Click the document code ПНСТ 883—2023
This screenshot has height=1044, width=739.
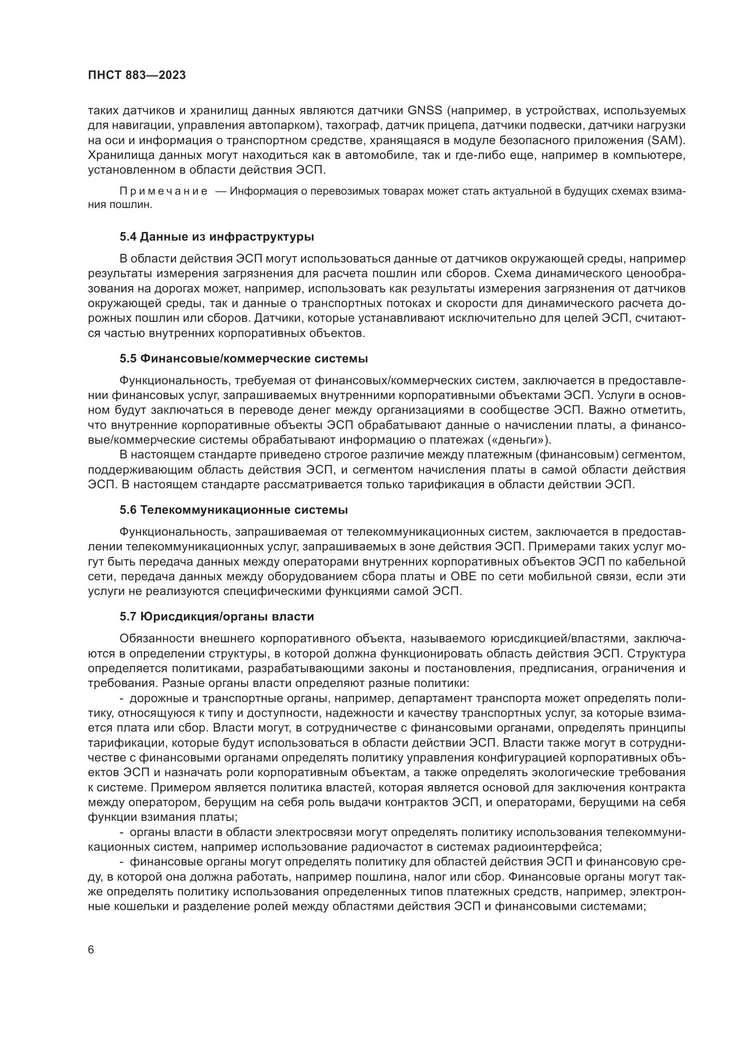pyautogui.click(x=137, y=75)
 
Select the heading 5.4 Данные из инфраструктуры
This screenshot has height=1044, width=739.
pyautogui.click(x=217, y=237)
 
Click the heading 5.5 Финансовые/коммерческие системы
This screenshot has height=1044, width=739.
pyautogui.click(x=244, y=359)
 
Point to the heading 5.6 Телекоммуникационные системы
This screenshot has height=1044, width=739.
pyautogui.click(x=233, y=510)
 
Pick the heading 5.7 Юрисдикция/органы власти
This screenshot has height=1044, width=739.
pyautogui.click(x=217, y=616)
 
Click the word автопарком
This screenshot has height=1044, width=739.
pyautogui.click(x=281, y=125)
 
